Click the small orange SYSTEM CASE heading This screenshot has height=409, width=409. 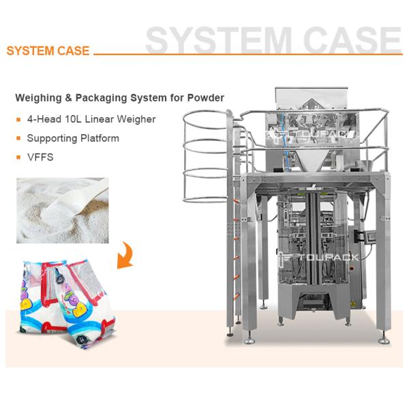(48, 51)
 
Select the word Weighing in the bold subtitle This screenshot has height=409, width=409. (38, 97)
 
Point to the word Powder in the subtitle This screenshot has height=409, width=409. (207, 97)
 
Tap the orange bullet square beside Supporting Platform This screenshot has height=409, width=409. (18, 138)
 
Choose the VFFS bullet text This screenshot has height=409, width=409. (39, 157)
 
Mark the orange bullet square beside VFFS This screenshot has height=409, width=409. (18, 157)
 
